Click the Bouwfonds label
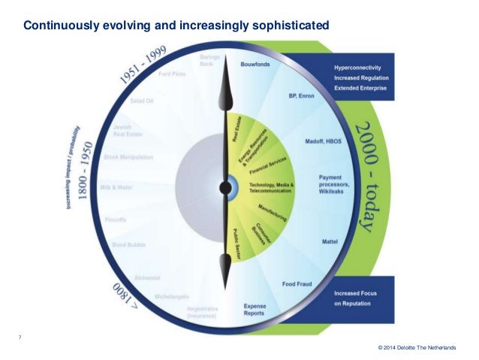click(255, 65)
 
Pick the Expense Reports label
click(255, 310)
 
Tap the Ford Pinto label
click(171, 73)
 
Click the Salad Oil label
click(143, 100)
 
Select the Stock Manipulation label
click(128, 157)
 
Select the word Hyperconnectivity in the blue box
click(360, 68)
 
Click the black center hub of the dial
click(224, 186)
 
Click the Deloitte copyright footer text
click(422, 347)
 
